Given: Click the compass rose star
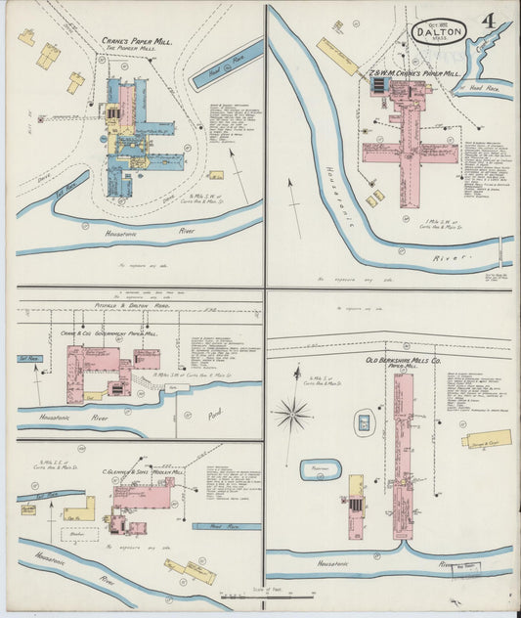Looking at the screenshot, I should pyautogui.click(x=292, y=414).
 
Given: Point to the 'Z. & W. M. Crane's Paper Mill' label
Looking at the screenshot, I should pyautogui.click(x=413, y=71).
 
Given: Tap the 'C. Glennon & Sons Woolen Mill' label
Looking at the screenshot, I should pyautogui.click(x=152, y=468).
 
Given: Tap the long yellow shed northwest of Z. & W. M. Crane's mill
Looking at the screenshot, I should pyautogui.click(x=338, y=57).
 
